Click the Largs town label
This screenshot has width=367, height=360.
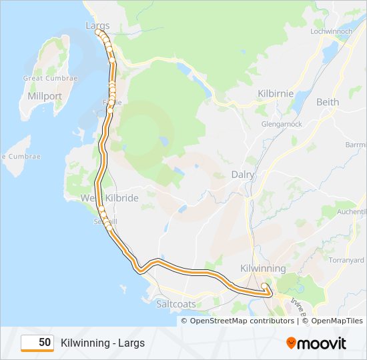click(x=97, y=25)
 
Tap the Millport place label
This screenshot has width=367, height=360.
click(x=45, y=96)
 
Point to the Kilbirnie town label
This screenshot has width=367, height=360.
click(x=276, y=94)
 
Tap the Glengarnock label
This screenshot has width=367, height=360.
click(x=282, y=124)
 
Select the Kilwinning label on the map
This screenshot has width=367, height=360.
click(x=262, y=268)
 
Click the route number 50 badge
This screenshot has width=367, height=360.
click(x=37, y=343)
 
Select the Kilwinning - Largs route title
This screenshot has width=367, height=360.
click(x=102, y=343)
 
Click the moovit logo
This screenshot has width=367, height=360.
click(x=316, y=343)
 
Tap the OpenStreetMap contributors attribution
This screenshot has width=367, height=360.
click(x=242, y=321)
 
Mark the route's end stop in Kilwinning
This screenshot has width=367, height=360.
click(x=265, y=287)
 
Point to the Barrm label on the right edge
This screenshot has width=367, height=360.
click(x=356, y=145)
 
